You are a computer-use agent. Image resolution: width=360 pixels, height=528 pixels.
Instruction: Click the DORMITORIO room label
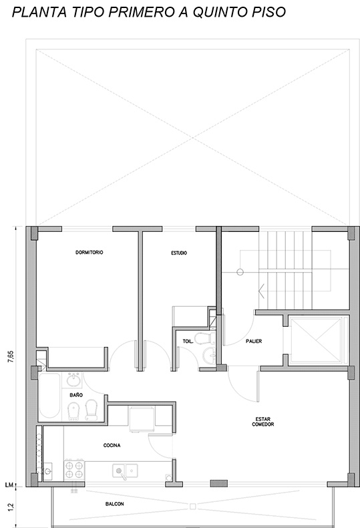click(89, 252)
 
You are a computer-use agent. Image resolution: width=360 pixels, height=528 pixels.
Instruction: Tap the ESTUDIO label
click(179, 253)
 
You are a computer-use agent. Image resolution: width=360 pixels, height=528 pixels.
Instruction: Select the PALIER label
click(254, 341)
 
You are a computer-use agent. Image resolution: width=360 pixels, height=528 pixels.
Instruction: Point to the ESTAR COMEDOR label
click(263, 422)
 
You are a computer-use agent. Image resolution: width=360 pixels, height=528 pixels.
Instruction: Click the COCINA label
click(112, 446)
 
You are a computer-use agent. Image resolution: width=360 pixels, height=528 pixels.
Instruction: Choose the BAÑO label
click(76, 395)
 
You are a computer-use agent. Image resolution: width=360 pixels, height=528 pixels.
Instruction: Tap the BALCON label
click(115, 504)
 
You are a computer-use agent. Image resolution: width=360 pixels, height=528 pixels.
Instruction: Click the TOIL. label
click(188, 342)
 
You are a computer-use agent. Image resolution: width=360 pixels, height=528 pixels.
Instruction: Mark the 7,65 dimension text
click(11, 357)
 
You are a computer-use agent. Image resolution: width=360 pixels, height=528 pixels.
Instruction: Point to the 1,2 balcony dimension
click(11, 507)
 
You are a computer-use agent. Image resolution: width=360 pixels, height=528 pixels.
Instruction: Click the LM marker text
click(9, 485)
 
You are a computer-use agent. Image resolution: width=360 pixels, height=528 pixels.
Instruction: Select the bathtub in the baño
click(49, 396)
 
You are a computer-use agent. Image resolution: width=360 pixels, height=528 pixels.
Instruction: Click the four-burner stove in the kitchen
click(74, 470)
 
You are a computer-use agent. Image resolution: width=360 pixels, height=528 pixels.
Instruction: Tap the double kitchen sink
click(125, 471)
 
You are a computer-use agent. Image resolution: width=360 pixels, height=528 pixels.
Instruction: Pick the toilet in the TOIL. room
click(205, 338)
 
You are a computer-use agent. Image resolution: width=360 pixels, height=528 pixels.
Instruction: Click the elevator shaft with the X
click(316, 341)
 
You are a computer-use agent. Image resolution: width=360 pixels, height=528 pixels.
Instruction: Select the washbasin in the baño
click(74, 380)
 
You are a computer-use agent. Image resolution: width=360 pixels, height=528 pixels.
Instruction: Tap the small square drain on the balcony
click(193, 507)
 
